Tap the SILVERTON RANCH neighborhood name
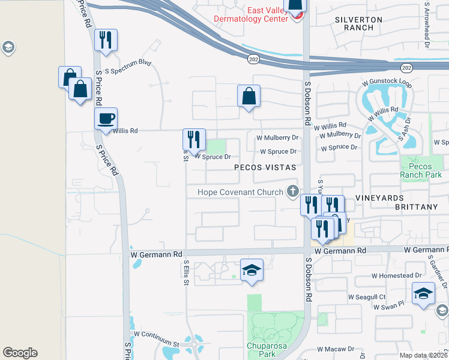[358, 24]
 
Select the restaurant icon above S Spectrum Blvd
[106, 41]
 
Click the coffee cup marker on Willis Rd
[106, 118]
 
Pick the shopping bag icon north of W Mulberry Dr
[248, 96]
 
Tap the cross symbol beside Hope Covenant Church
[292, 191]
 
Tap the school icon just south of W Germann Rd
[252, 271]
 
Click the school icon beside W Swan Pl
[423, 294]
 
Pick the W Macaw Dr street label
[336, 349]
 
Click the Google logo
[20, 353]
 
